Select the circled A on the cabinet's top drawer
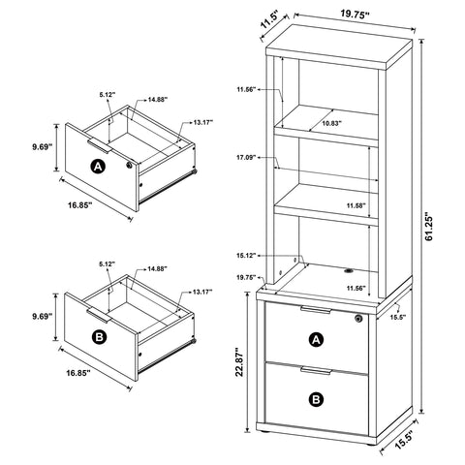tap(315, 339)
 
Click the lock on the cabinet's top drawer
tap(358, 319)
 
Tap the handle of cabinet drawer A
tap(314, 310)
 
